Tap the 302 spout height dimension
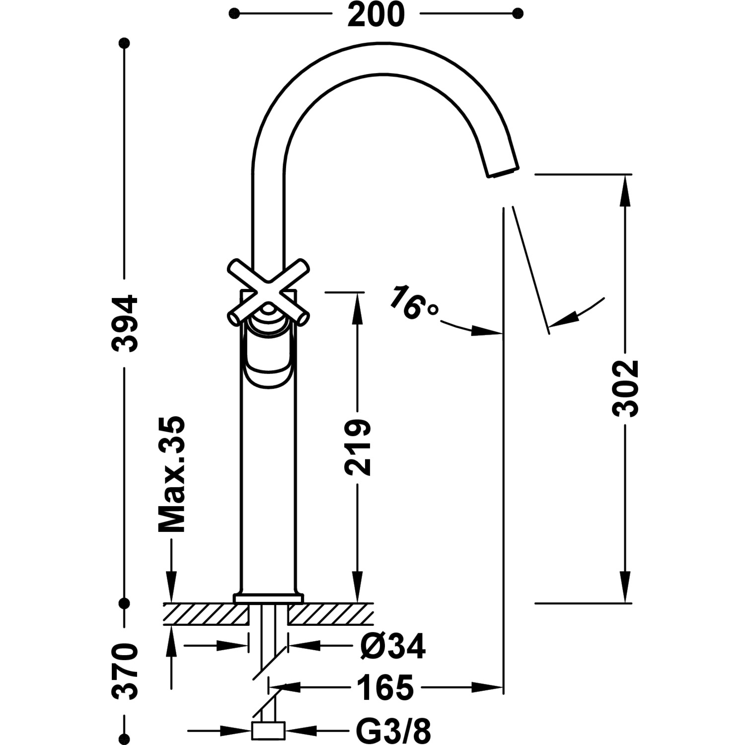pos(625,388)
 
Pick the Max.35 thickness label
pos(172,474)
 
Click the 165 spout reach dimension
pos(385,688)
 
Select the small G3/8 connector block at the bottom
pos(268,731)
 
